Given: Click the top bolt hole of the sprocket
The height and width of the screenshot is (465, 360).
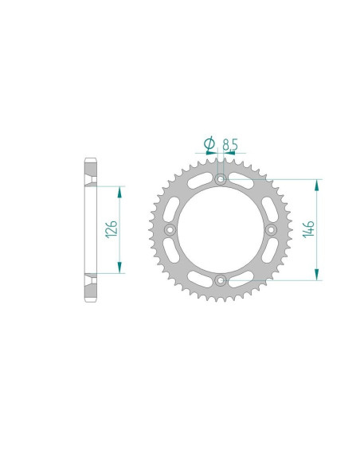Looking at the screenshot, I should pos(220,180).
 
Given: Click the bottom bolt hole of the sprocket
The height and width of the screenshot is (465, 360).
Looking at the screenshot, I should pos(220,279).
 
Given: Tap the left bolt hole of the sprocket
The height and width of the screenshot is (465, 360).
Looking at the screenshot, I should pos(170,230).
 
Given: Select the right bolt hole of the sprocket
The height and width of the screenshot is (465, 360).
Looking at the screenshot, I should pos(270,230).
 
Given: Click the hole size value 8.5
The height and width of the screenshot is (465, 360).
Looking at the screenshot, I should pos(230,144).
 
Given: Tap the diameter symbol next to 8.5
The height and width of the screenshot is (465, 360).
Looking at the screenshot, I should pos(209,143).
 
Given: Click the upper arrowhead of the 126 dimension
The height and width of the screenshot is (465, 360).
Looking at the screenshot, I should pos(120,191).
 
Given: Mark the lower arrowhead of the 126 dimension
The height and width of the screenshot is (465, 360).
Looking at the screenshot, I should pos(120,268).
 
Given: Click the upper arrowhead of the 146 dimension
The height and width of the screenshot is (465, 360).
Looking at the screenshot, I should pos(318,185).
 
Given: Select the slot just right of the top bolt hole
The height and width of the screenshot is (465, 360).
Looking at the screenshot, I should pos(241,181).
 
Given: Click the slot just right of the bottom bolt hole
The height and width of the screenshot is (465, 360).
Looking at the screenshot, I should pos(241,279).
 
